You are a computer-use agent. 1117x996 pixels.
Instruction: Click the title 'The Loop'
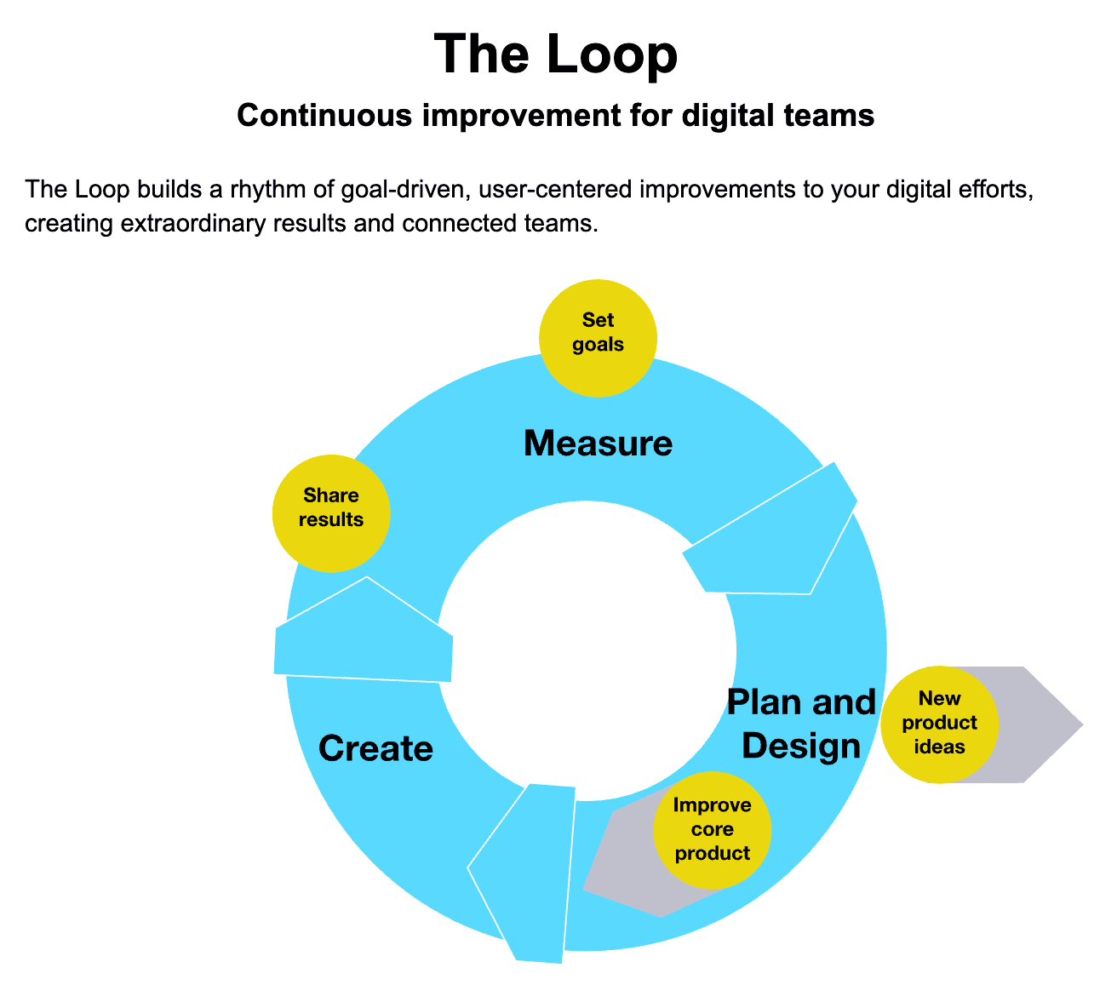tap(556, 54)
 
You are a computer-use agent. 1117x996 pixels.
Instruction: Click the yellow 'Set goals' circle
tap(599, 338)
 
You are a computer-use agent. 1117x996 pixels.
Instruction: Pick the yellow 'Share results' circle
tap(330, 512)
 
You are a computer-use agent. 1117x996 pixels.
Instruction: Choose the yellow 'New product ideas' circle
tap(939, 724)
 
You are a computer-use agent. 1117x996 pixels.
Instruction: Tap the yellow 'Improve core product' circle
tap(712, 829)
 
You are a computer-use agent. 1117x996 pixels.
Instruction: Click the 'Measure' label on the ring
tap(598, 444)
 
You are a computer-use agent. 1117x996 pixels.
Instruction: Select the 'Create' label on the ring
tap(375, 749)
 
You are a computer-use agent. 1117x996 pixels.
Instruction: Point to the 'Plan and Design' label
tap(800, 724)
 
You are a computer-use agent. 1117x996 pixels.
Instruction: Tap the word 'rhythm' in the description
tap(272, 188)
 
